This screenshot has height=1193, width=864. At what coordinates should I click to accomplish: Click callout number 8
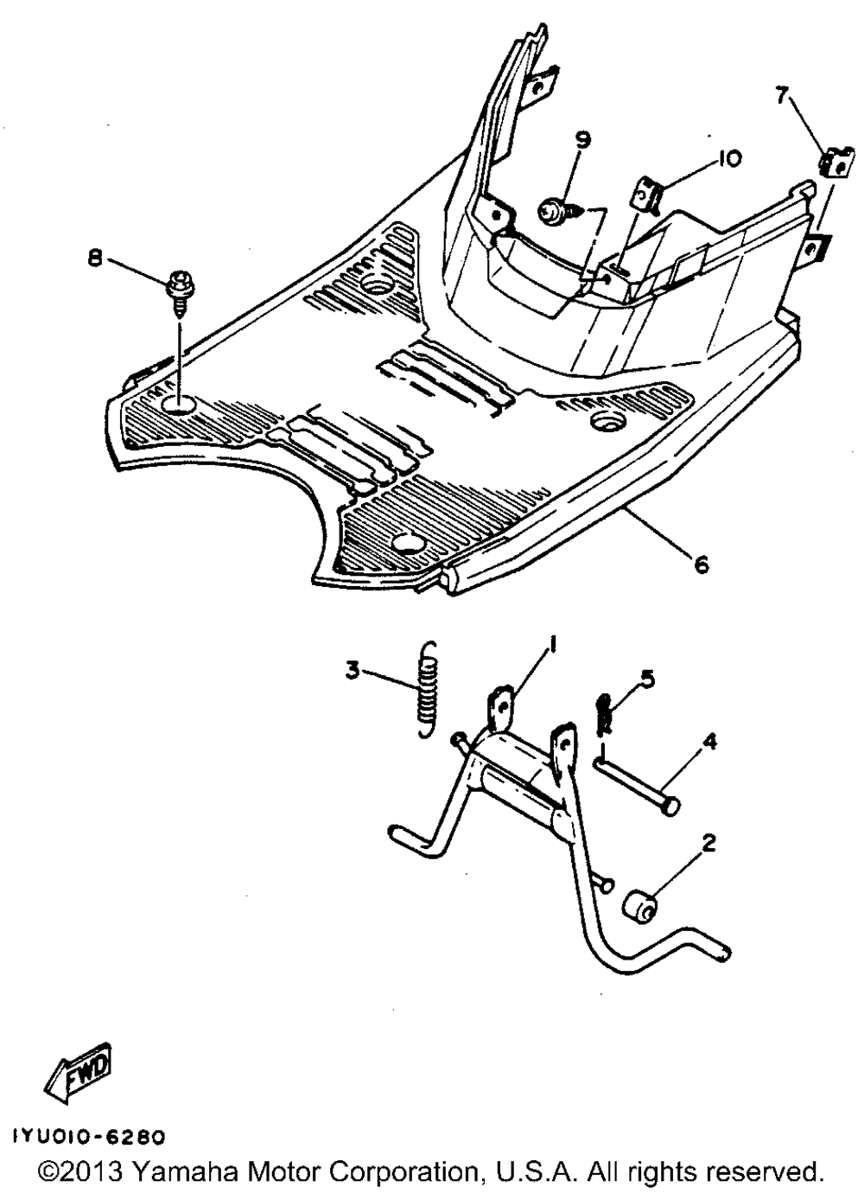coord(96,261)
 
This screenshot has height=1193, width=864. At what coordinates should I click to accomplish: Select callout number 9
coord(583,142)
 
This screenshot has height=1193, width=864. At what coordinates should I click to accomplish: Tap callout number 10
coord(728,159)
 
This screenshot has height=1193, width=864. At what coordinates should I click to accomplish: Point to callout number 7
coord(780,98)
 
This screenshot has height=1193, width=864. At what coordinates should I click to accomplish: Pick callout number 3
coord(353,672)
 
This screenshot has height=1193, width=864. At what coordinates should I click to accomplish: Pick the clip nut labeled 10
coord(647,195)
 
